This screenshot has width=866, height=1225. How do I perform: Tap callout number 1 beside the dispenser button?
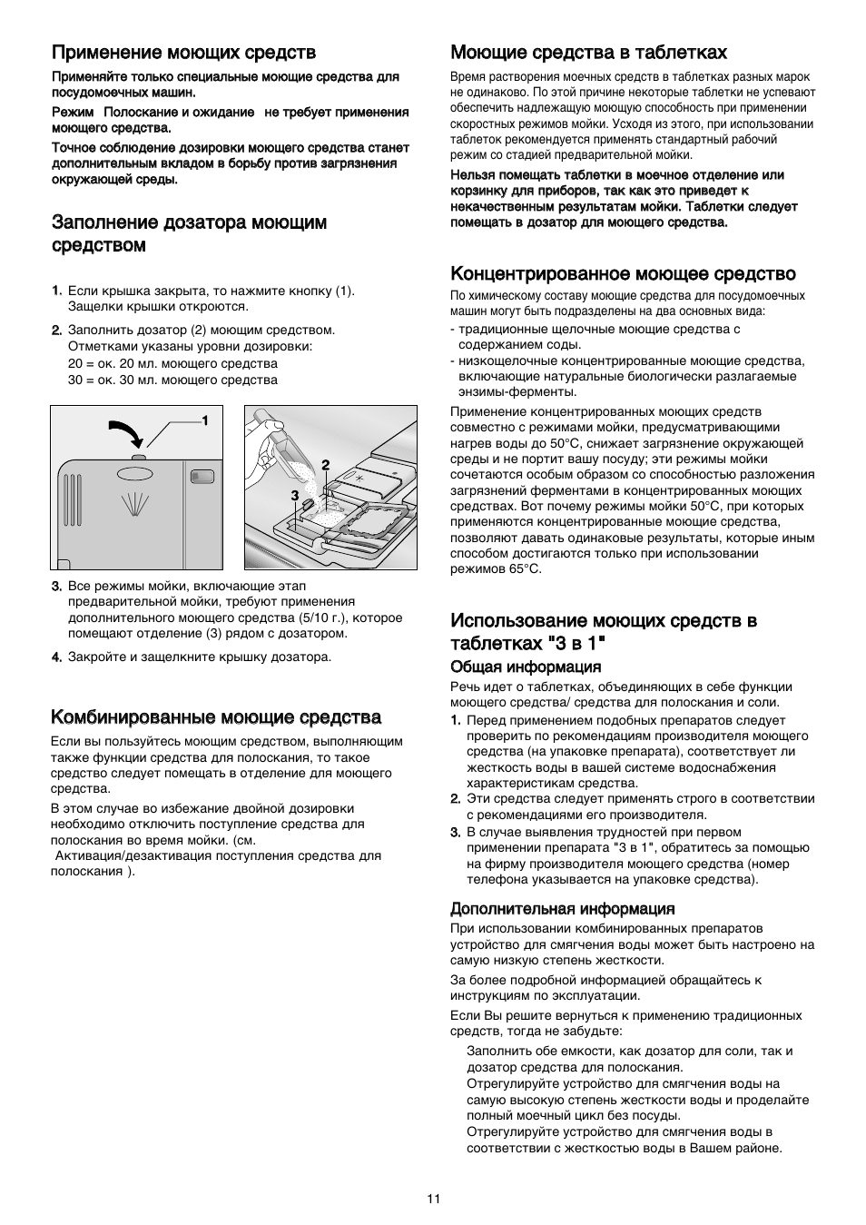tap(205, 420)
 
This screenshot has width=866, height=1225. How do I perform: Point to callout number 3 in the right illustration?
tap(294, 495)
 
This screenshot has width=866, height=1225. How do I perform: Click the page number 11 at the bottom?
tap(433, 1199)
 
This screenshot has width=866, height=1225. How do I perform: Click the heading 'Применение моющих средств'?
tap(183, 53)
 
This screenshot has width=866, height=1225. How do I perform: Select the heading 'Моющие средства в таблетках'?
tap(588, 53)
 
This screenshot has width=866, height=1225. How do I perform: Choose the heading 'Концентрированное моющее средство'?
tap(623, 273)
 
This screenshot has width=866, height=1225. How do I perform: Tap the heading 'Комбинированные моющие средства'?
tap(215, 717)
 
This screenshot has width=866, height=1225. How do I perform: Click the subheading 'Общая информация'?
tap(526, 667)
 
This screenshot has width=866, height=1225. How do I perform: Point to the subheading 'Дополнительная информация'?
tap(562, 908)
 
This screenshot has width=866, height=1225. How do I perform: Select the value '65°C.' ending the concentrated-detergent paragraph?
tap(522, 568)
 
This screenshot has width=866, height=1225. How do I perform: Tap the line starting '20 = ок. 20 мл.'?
tap(172, 363)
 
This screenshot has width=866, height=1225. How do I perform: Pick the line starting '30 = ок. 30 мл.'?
tap(172, 380)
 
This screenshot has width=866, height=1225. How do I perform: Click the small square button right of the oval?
tap(202, 475)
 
